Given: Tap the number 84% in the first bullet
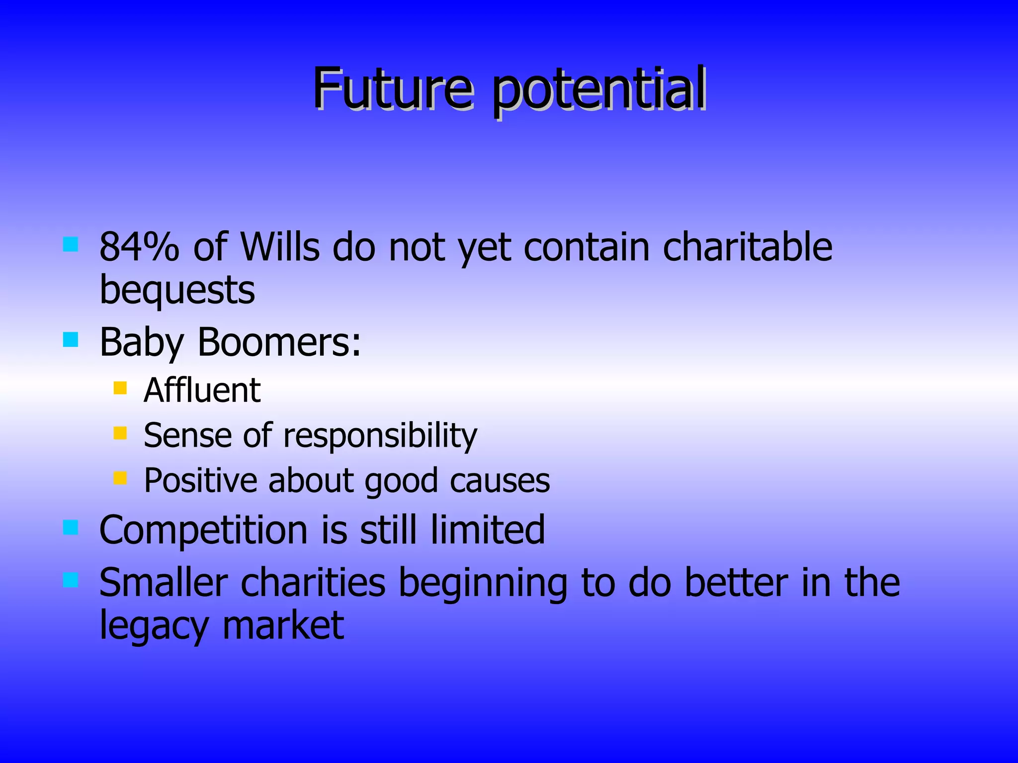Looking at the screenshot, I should point(139,247).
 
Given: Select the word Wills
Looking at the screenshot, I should point(280,247).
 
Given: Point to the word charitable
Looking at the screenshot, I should point(748,247).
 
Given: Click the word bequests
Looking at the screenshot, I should point(177,291).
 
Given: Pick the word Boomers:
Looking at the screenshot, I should point(279,342).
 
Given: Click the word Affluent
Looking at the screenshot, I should point(202,390).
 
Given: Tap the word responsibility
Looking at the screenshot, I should point(380,436).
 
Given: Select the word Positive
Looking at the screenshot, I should point(200,481).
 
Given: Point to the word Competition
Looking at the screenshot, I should point(204,530).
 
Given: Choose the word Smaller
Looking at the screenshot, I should point(164,583).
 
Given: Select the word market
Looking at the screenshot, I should point(283,626).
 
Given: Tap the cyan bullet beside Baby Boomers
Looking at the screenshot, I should point(71,340).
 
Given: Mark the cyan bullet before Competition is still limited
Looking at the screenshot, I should point(71,528).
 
